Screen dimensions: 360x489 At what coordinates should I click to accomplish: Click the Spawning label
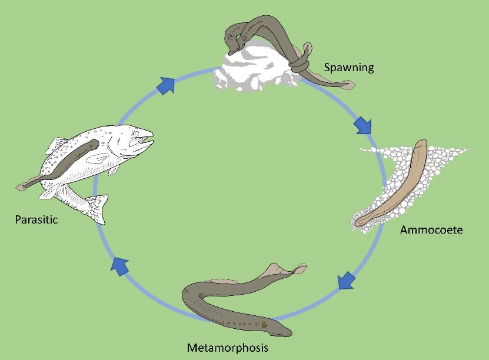tap(349, 68)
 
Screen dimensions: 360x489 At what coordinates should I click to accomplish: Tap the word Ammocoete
tap(431, 229)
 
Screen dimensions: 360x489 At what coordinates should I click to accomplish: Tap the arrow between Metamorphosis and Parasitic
tap(120, 266)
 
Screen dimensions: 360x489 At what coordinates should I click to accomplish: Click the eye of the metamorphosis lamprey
tap(265, 324)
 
